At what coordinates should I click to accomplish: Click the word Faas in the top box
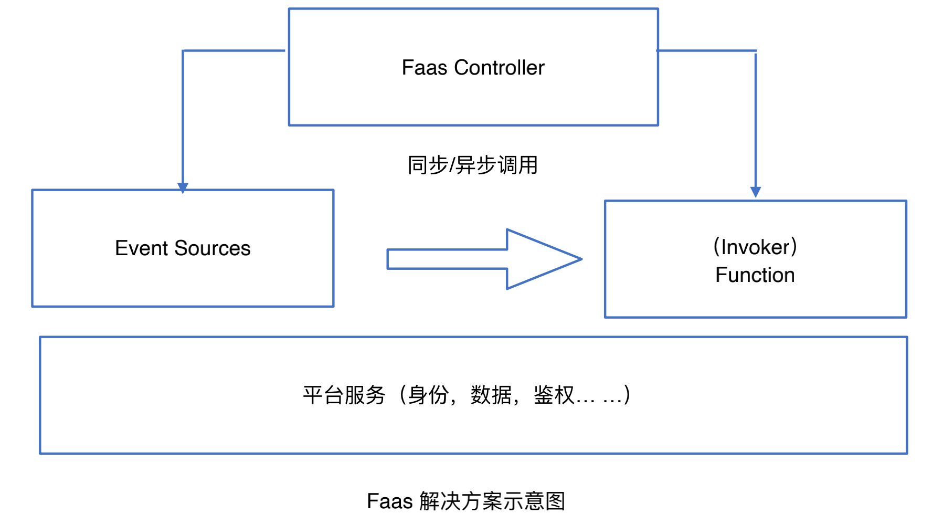424,68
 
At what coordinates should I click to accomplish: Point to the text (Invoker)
755,247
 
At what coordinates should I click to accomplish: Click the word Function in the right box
755,275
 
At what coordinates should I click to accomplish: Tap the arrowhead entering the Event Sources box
183,187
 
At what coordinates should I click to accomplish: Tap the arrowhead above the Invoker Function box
756,192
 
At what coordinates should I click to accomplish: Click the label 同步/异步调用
473,165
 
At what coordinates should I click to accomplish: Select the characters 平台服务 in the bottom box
344,395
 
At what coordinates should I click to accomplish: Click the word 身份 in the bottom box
428,395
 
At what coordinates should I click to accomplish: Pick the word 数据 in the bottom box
491,395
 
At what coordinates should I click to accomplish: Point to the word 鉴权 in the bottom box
554,395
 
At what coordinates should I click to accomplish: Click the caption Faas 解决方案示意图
466,501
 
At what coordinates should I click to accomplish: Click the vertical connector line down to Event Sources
183,116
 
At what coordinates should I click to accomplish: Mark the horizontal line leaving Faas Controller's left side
234,51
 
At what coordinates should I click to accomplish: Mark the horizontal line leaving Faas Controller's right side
706,51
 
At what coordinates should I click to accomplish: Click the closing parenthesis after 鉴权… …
627,395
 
